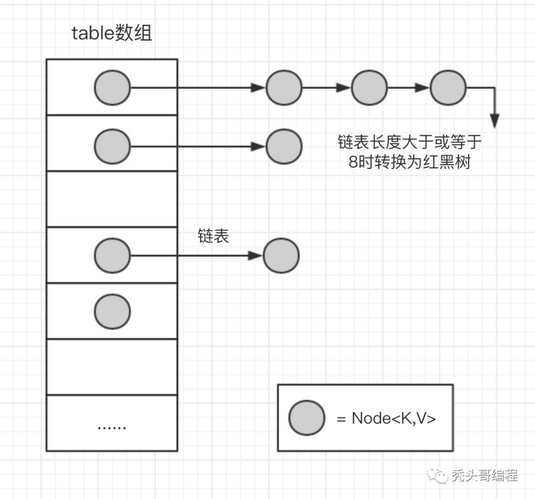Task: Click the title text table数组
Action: (112, 34)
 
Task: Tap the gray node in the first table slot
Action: (112, 88)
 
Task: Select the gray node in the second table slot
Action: (112, 146)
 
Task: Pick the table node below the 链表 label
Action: (112, 256)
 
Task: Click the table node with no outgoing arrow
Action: (112, 311)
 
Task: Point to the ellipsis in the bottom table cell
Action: (112, 427)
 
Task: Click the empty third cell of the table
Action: (112, 199)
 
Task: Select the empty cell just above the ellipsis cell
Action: (112, 367)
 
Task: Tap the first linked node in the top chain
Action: (284, 88)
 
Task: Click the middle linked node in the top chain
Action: (370, 88)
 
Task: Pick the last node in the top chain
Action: (448, 88)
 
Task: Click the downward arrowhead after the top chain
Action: (494, 121)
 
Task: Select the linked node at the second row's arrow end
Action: (284, 146)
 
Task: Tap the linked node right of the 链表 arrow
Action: (281, 256)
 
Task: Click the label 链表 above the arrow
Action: (214, 236)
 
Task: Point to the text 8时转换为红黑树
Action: (409, 162)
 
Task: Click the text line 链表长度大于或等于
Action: (409, 142)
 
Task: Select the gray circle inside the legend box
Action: (307, 418)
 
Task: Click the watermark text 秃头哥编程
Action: (484, 476)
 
